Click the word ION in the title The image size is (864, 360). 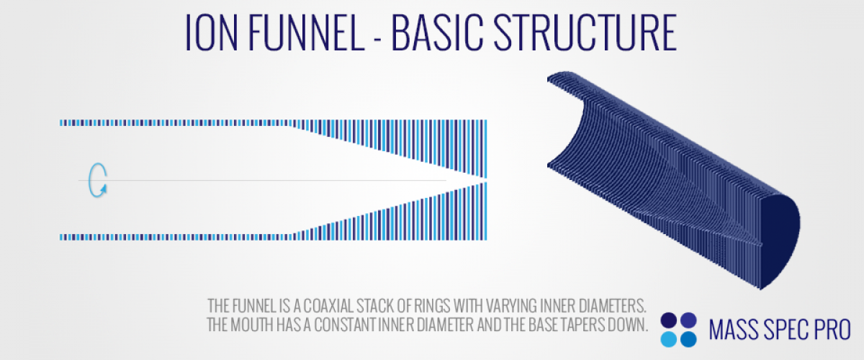[x=212, y=32]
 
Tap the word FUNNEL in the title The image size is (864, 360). [x=306, y=32]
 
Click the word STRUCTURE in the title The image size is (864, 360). [x=585, y=32]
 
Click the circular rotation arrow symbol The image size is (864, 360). [x=97, y=180]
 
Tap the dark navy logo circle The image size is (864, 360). [x=668, y=320]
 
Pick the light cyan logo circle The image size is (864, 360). [x=668, y=339]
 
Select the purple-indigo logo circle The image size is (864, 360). [x=688, y=320]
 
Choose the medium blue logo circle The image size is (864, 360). [x=688, y=339]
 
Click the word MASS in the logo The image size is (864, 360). [x=733, y=330]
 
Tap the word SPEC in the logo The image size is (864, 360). [x=785, y=330]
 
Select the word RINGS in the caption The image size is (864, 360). [x=432, y=306]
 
